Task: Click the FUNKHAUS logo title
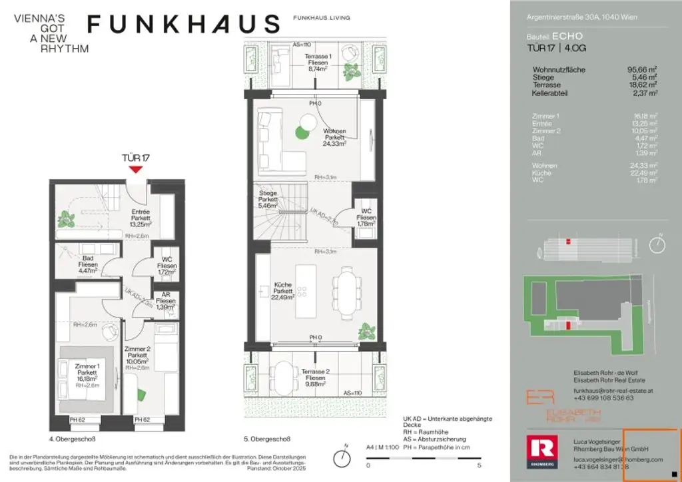click(183, 25)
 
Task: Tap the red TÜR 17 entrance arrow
click(135, 169)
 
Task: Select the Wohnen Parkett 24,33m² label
click(335, 137)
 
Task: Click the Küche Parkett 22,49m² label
click(283, 291)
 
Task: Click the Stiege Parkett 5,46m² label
click(268, 198)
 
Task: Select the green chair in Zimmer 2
click(142, 393)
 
